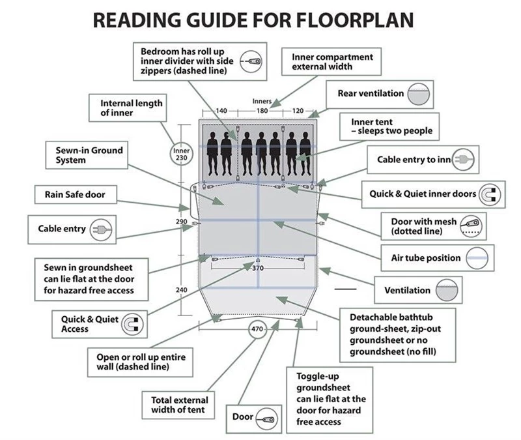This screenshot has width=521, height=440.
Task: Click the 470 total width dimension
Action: [257, 330]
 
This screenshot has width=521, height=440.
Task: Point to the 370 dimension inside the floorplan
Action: [257, 268]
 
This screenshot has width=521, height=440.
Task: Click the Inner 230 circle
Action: [181, 154]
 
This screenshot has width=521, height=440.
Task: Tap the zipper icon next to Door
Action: [265, 417]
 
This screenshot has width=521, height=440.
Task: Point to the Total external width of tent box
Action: [179, 405]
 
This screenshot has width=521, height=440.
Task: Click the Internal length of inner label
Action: [131, 108]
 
